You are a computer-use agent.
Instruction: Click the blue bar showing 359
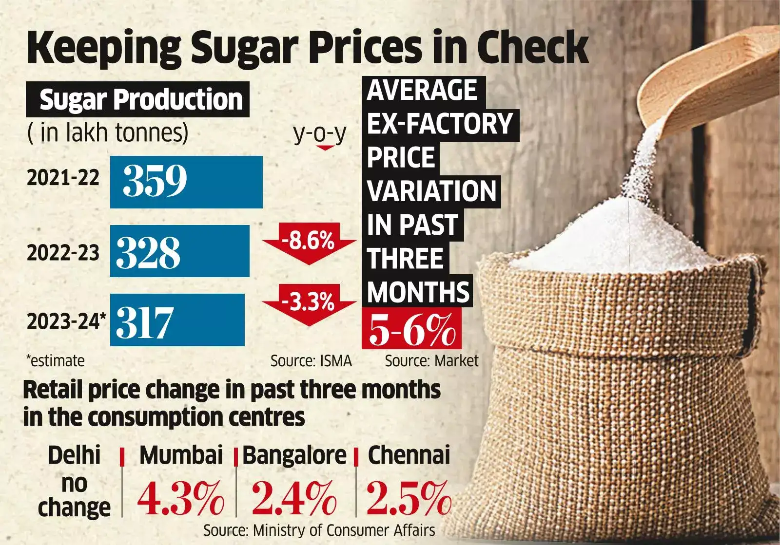coord(186,182)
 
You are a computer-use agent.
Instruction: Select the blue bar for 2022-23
coord(179,251)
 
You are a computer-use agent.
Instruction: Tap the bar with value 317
coord(177,320)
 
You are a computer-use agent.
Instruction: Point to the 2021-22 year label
coord(63,178)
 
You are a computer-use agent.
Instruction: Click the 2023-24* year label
coord(66,322)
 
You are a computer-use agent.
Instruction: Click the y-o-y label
coord(320,133)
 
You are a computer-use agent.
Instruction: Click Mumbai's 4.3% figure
coord(181,498)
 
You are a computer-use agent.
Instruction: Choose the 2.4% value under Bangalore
coord(294,498)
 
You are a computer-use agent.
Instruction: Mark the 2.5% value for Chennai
coord(409,498)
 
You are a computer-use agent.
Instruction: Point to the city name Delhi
coord(74,455)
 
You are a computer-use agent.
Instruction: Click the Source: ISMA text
coord(311,361)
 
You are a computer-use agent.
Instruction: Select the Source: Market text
coord(431,361)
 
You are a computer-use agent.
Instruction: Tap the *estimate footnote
coord(55,361)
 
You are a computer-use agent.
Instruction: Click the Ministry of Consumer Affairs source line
coord(319,530)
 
